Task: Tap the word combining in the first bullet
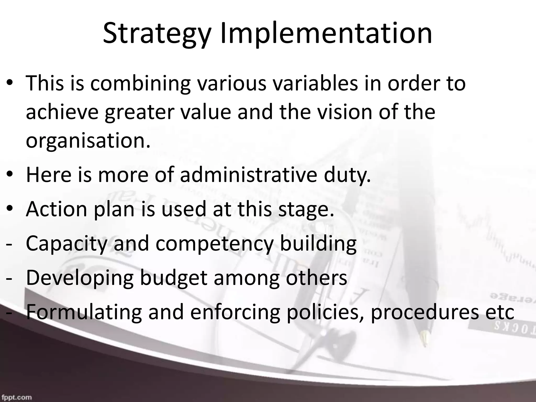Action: tap(141, 83)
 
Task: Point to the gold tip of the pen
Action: tap(425, 338)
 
